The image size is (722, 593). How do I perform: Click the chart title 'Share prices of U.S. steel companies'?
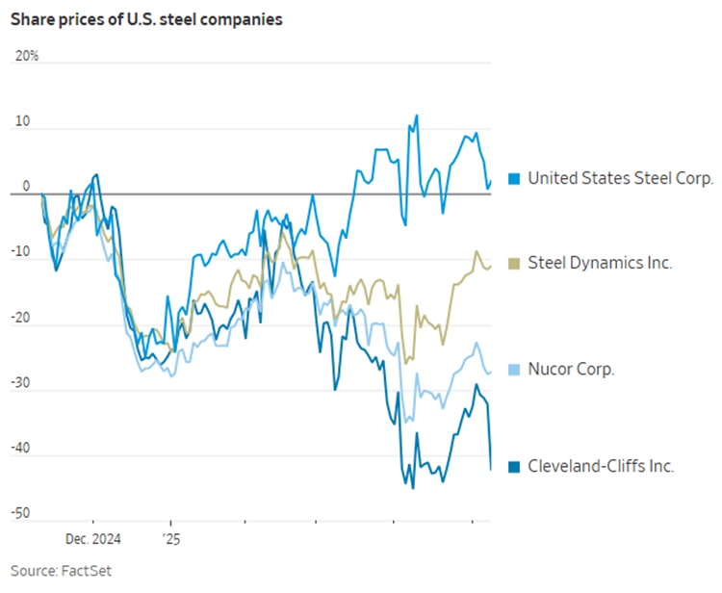click(x=147, y=20)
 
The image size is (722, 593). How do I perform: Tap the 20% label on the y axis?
click(x=27, y=56)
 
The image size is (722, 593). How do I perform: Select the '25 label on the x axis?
click(x=170, y=541)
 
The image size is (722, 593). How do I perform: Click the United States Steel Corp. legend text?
click(x=621, y=178)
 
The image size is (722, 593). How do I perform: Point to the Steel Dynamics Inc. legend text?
click(x=600, y=263)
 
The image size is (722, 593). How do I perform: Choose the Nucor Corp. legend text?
click(x=572, y=369)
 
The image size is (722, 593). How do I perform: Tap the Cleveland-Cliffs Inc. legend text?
click(x=602, y=466)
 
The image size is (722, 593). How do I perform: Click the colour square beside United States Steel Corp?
click(x=514, y=178)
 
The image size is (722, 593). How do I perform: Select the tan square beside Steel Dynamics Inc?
click(x=514, y=263)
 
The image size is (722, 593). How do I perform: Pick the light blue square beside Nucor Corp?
click(x=514, y=369)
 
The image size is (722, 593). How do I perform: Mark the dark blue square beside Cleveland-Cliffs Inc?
click(x=514, y=466)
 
